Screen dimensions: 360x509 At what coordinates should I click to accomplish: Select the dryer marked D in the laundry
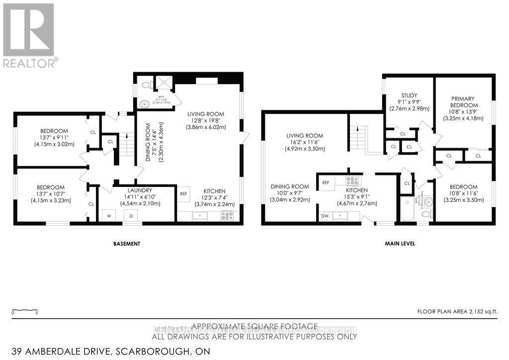point(132,215)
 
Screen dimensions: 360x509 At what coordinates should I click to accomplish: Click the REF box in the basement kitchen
point(183,193)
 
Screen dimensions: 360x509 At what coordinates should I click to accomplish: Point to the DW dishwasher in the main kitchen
point(325,216)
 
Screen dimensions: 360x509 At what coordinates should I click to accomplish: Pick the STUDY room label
point(409,95)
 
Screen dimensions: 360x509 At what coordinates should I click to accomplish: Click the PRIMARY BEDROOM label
point(464,101)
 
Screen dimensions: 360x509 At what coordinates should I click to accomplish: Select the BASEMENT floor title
point(125,244)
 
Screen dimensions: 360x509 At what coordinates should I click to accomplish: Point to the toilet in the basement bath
point(146,86)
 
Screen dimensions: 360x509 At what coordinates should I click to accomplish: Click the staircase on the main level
point(358,134)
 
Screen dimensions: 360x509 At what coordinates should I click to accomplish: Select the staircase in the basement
point(128,144)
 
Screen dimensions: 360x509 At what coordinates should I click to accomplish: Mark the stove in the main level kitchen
point(352,181)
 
